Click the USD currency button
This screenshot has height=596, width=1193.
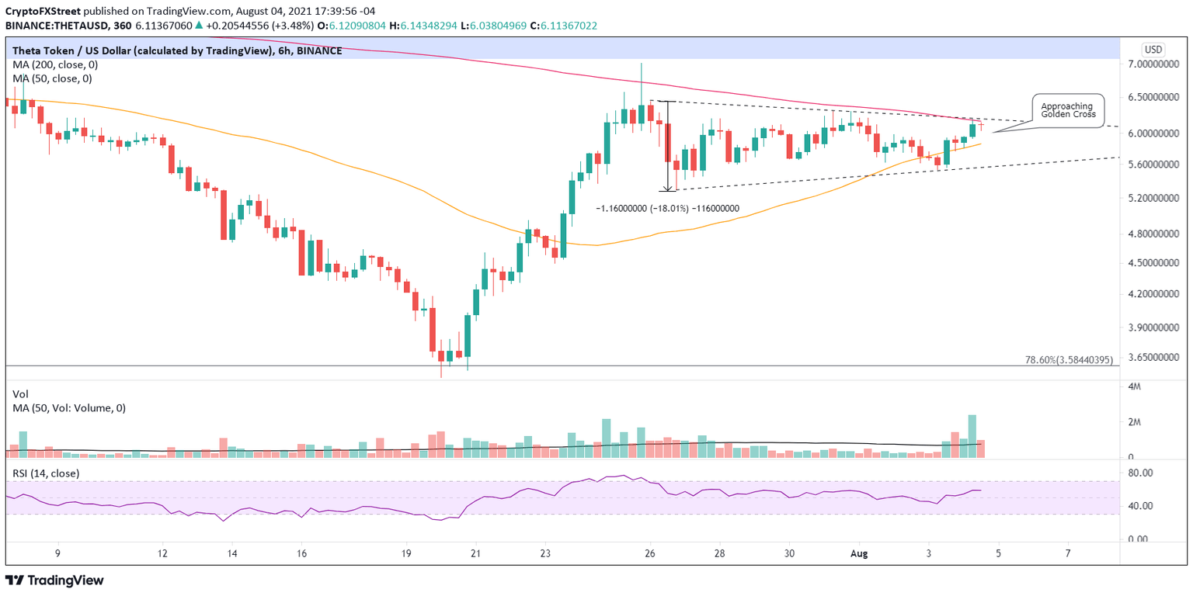tap(1153, 50)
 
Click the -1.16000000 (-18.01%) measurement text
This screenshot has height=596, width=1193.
tap(667, 209)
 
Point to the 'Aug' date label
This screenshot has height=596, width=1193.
tap(858, 554)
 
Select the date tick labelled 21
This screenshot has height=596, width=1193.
tap(476, 554)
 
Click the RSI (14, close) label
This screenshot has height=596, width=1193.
tap(46, 473)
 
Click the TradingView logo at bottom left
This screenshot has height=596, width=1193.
tap(54, 580)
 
